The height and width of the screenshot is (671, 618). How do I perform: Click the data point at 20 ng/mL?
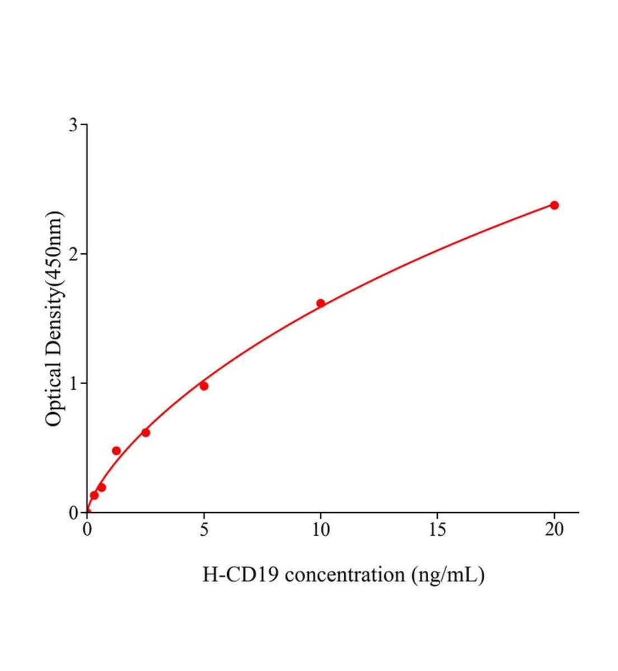(x=554, y=205)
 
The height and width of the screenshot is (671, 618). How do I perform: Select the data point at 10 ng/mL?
(x=321, y=303)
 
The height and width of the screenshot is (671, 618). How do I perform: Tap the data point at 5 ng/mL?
(x=204, y=386)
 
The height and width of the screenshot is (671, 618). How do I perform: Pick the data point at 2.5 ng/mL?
(x=146, y=432)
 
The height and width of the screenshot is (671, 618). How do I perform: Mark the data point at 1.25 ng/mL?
(x=116, y=451)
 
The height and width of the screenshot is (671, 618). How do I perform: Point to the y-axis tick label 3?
(x=73, y=125)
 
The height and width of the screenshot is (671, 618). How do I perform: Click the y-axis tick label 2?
(x=73, y=254)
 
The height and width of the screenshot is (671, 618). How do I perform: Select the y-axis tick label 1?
(x=73, y=383)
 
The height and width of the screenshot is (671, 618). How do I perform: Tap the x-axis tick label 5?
(x=204, y=530)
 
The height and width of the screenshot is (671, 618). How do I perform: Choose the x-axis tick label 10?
(x=321, y=530)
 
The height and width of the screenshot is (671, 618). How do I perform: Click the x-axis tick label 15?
(x=437, y=530)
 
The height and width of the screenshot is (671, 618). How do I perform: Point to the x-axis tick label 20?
(x=554, y=530)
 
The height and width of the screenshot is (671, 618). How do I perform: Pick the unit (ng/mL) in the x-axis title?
(x=447, y=574)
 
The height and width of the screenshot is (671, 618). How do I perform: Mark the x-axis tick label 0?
(x=87, y=530)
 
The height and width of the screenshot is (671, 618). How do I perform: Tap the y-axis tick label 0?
(x=73, y=513)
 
